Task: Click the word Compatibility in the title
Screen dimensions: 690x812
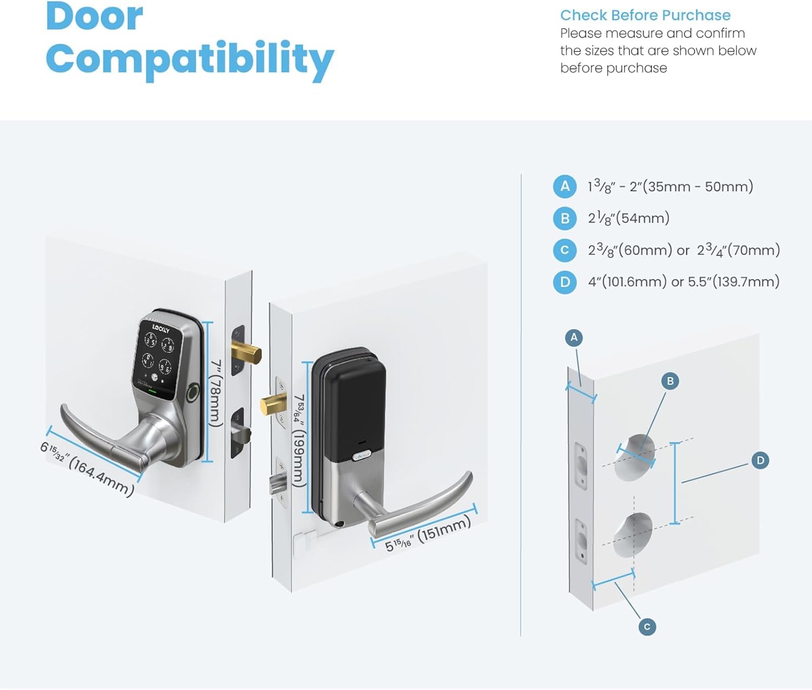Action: point(189,58)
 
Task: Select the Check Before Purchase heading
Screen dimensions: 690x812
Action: point(645,15)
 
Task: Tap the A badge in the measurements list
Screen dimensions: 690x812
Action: point(565,187)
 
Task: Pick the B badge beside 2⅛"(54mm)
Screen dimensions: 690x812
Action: point(565,218)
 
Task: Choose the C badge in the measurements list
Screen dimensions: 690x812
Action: point(565,250)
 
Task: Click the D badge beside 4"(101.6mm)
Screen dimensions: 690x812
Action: point(565,282)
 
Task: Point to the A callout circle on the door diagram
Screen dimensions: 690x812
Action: point(574,338)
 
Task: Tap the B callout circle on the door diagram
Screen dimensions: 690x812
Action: point(670,381)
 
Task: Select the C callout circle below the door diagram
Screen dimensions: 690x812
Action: point(647,627)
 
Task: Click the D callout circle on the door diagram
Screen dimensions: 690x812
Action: point(761,461)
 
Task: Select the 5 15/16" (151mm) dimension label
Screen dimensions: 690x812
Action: point(428,534)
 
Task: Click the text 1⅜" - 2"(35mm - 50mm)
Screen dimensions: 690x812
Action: point(670,187)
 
